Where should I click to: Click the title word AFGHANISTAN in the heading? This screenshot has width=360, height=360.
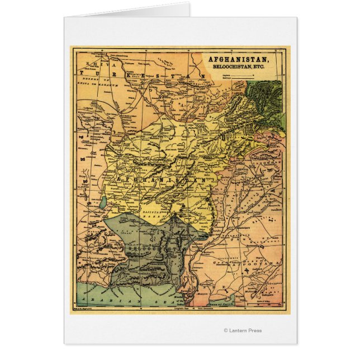(237, 59)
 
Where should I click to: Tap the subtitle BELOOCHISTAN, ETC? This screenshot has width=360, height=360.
(238, 66)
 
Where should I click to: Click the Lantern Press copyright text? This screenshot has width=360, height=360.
(243, 330)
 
